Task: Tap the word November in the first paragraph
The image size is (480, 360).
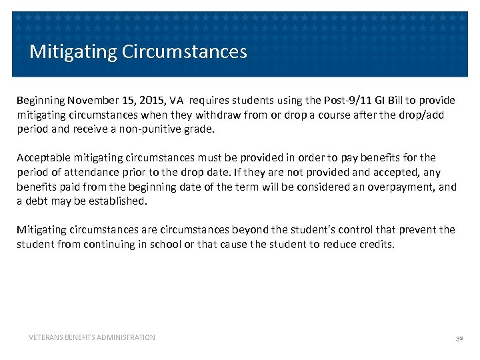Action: [90, 101]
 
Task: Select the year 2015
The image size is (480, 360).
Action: [149, 101]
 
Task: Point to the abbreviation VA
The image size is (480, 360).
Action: [176, 101]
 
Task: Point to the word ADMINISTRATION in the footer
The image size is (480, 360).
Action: [126, 337]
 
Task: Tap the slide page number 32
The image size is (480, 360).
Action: [459, 338]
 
